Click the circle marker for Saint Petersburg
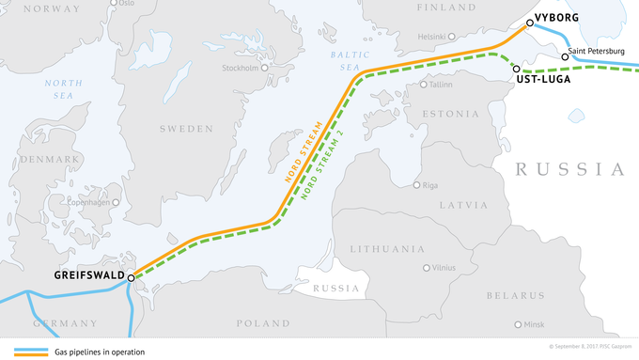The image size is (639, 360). point(565,56)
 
